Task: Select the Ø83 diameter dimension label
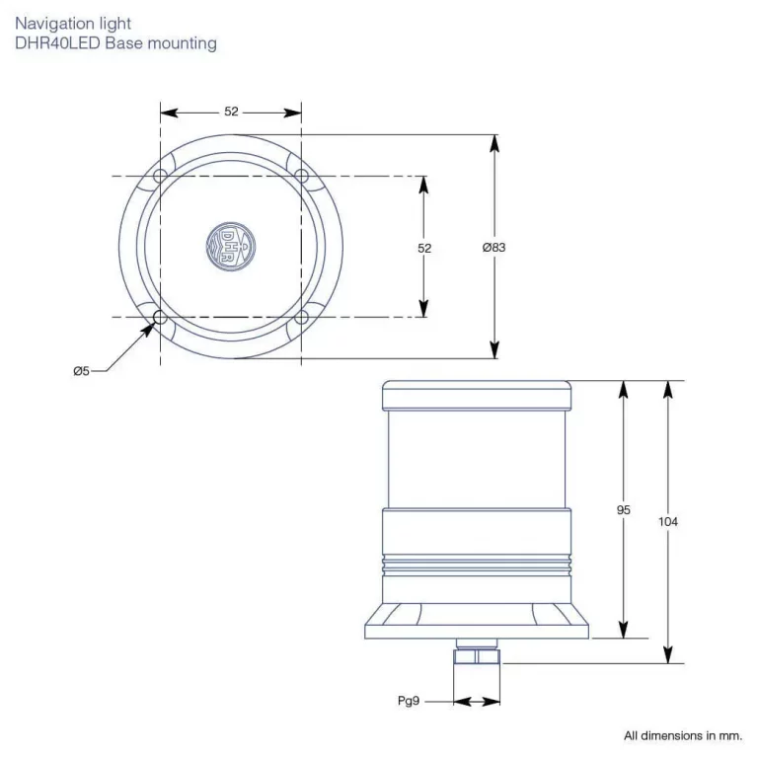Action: click(x=493, y=248)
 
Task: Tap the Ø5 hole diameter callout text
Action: click(x=81, y=371)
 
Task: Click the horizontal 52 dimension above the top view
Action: click(x=231, y=113)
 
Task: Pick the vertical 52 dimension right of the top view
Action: click(x=424, y=249)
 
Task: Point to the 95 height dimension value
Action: click(x=623, y=510)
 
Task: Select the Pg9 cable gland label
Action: click(x=409, y=702)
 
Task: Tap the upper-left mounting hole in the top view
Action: click(x=160, y=177)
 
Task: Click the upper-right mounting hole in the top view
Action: click(x=302, y=177)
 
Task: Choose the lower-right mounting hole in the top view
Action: click(x=302, y=318)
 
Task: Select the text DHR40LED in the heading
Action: click(x=57, y=43)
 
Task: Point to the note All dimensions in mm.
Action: click(x=682, y=735)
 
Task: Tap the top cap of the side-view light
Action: click(x=477, y=396)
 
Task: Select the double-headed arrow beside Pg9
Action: click(x=478, y=702)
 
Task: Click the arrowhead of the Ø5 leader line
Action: click(x=148, y=330)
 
